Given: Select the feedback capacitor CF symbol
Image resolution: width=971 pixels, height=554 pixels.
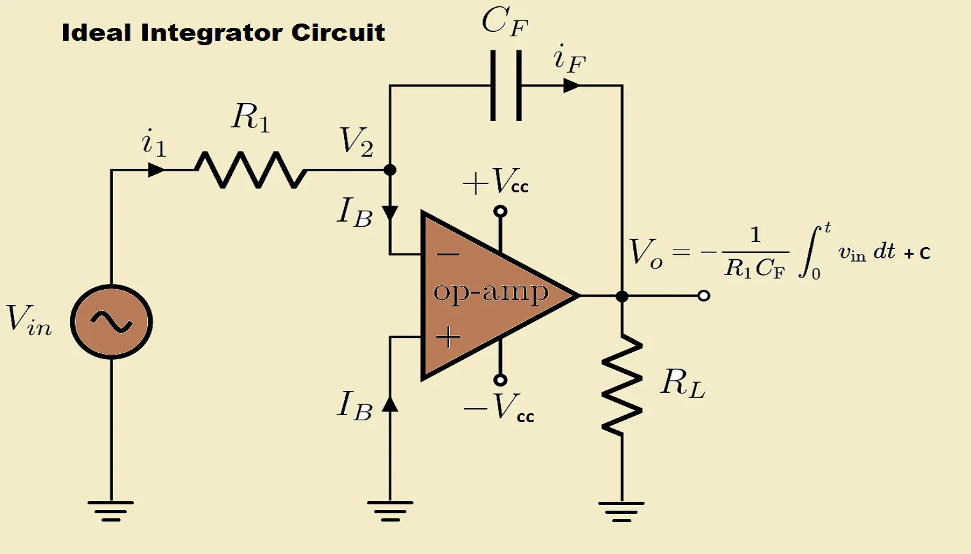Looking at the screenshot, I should [x=507, y=85].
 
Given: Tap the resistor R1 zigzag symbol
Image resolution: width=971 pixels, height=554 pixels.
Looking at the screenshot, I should [x=250, y=170].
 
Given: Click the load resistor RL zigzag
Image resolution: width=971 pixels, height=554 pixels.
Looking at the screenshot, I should [x=622, y=385].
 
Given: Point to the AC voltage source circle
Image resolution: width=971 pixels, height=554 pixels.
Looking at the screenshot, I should [x=111, y=322].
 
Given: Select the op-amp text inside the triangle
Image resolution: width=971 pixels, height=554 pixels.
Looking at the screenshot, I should [x=491, y=292].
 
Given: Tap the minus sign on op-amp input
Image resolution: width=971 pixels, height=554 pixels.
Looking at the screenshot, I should [x=448, y=255].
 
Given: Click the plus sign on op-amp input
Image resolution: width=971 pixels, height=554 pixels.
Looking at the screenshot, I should [x=448, y=337].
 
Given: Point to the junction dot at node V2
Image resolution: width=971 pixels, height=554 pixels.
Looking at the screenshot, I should [x=390, y=170].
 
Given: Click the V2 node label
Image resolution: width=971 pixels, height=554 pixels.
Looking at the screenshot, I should [x=356, y=141].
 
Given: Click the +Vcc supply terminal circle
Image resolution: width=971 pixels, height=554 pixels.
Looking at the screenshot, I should [x=501, y=211].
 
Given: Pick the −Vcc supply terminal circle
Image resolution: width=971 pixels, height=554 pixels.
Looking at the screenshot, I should [x=501, y=380].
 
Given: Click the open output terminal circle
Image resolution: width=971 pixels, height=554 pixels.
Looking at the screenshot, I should [x=703, y=296].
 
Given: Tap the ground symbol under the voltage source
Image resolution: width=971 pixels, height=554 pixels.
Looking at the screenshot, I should [x=111, y=510].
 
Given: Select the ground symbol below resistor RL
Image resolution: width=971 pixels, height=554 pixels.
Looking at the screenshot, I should [x=622, y=510].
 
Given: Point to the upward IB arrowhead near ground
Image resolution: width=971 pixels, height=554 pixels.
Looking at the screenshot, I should [x=390, y=404].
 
